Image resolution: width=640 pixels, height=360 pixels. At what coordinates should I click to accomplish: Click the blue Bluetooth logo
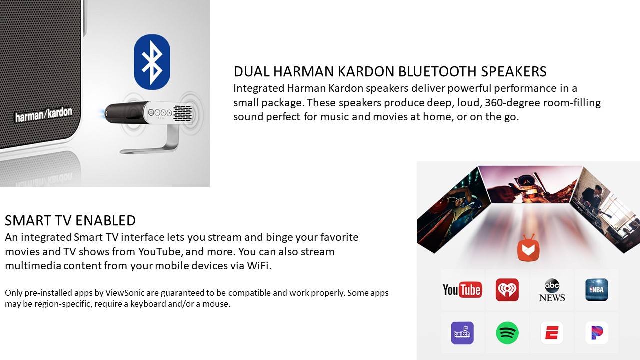[152, 62]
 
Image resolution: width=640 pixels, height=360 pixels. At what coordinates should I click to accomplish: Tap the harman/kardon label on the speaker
[43, 115]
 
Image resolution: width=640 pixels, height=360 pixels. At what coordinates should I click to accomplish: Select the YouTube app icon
[462, 290]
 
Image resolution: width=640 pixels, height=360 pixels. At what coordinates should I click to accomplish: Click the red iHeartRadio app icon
[507, 290]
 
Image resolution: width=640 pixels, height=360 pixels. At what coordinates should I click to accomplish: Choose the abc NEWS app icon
[552, 290]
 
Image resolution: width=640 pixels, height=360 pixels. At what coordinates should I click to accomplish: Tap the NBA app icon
[597, 290]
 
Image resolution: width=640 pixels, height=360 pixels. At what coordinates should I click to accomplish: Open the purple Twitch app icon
[462, 333]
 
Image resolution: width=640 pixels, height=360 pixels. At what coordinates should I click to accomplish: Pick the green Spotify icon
[507, 333]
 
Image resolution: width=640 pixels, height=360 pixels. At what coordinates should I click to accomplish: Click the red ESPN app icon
[552, 333]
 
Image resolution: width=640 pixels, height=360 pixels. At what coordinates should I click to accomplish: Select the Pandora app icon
[597, 333]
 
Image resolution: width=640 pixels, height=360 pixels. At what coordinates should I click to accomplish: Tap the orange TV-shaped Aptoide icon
[528, 248]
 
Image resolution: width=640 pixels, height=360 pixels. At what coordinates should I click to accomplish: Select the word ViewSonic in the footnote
[125, 293]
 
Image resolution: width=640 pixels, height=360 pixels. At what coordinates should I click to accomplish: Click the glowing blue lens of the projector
[102, 113]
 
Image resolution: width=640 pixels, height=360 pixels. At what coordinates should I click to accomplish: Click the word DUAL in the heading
[251, 71]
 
